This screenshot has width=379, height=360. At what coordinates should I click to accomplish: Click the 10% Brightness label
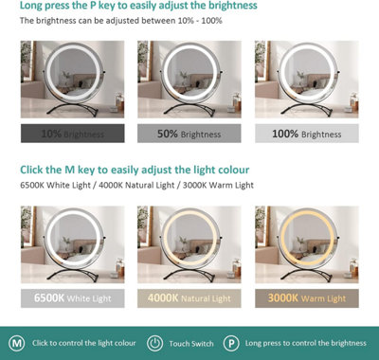72,134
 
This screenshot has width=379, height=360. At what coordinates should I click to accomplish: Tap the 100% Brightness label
307,134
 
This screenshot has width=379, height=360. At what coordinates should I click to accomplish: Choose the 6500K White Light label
72,298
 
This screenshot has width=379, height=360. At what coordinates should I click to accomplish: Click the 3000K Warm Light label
307,298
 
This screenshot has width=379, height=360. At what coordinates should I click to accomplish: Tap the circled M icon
17,342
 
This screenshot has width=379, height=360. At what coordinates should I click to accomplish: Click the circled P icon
231,342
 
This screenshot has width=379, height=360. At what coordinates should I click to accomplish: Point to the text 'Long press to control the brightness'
305,342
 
